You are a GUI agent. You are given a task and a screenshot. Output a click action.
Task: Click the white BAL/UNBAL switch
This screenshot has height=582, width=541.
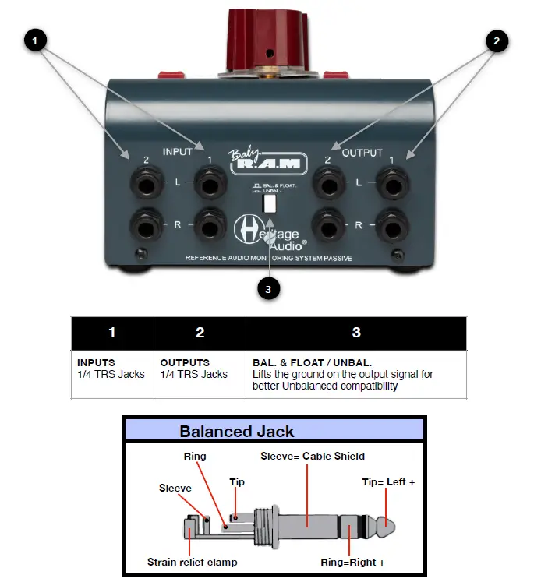point(270,203)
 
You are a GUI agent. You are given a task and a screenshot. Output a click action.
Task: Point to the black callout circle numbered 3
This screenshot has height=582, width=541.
point(269,288)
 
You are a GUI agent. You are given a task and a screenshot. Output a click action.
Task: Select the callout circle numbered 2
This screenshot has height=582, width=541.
point(497,41)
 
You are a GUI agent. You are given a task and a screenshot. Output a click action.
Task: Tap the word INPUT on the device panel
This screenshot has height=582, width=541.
point(177,153)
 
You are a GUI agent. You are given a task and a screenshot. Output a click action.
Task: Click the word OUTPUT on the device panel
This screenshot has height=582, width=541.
point(362,153)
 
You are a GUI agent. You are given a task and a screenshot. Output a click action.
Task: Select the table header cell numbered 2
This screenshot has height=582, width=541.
point(200,333)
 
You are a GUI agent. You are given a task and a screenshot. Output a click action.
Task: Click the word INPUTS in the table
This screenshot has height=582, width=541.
point(96,362)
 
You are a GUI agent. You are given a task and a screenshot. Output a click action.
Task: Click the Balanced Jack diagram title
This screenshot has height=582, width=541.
point(237,431)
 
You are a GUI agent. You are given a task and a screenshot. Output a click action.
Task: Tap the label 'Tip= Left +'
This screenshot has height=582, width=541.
point(388,482)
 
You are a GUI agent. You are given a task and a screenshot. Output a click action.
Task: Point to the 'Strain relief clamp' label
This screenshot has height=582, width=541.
point(190,562)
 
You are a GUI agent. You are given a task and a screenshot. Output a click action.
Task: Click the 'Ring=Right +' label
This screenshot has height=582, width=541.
point(352,562)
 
